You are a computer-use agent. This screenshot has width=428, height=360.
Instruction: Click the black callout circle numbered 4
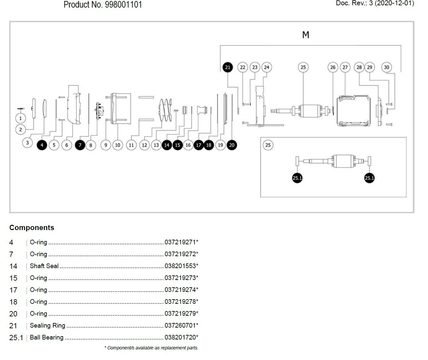coord(42,145)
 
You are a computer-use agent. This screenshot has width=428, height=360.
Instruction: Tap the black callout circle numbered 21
coord(228,67)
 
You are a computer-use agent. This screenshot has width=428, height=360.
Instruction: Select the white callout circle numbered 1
coord(20,118)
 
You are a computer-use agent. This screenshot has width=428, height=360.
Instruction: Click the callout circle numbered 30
coord(386,67)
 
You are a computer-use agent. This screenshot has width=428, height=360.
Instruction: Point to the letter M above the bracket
coord(306,35)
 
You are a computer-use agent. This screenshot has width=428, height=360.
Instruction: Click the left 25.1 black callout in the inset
coord(297,178)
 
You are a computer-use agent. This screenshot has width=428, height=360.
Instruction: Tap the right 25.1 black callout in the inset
coord(369,178)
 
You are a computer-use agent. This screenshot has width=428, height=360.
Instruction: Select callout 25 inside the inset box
coord(268,145)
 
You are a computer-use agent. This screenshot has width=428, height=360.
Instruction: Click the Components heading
coord(32,227)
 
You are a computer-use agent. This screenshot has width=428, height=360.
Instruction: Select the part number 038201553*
coord(181,266)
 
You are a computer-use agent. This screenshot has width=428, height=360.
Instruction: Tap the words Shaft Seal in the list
coord(44,266)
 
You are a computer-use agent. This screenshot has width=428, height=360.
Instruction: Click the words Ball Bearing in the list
coord(47,337)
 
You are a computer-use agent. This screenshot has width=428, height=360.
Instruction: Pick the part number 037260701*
coord(181,325)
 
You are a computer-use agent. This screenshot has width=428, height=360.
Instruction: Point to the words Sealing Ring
coord(48,325)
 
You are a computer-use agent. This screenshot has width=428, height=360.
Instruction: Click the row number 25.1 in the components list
coord(16,338)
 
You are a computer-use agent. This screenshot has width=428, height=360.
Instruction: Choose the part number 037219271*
coord(181,242)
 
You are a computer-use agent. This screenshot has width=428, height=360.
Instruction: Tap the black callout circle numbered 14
coord(167,145)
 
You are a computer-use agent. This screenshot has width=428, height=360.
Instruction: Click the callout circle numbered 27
coord(345,67)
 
